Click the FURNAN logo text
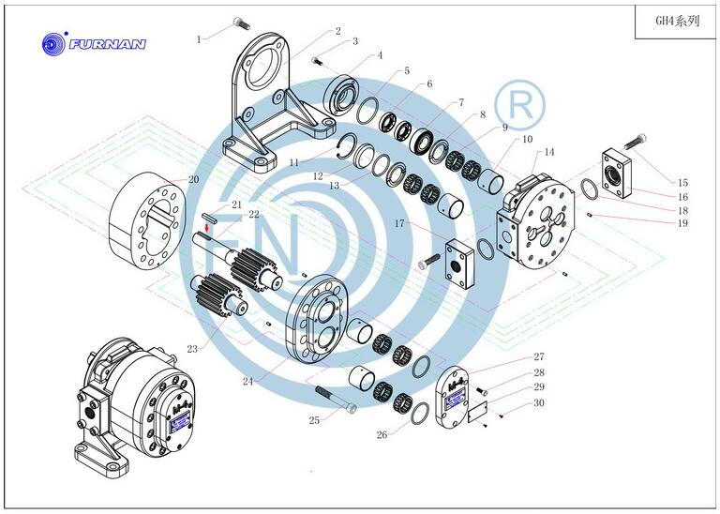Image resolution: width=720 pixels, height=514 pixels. click(x=108, y=44)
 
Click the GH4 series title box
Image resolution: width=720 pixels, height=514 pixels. click(x=675, y=22)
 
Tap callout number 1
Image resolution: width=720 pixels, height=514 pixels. click(x=199, y=39)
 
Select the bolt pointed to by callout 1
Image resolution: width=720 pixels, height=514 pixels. click(x=241, y=23)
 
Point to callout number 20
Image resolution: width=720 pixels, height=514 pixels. click(x=194, y=179)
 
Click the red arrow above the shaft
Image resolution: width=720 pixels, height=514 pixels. click(x=207, y=228)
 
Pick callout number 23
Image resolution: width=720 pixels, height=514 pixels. click(x=192, y=349)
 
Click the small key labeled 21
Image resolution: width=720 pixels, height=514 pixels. click(x=209, y=218)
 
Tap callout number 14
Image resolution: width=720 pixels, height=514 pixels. click(x=549, y=152)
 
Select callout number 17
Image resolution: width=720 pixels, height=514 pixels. click(x=399, y=223)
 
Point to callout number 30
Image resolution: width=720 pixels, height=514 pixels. click(x=539, y=402)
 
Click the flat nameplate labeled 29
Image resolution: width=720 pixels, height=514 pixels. click(x=477, y=411)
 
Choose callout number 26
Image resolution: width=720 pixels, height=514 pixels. click(x=382, y=434)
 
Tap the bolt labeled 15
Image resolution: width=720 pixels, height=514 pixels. click(x=636, y=141)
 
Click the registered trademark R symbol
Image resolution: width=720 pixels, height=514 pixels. click(x=519, y=105)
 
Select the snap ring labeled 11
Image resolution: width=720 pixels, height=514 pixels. click(x=348, y=146)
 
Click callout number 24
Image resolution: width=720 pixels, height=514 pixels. click(x=247, y=381)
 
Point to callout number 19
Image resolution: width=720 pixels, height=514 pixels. click(x=682, y=223)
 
